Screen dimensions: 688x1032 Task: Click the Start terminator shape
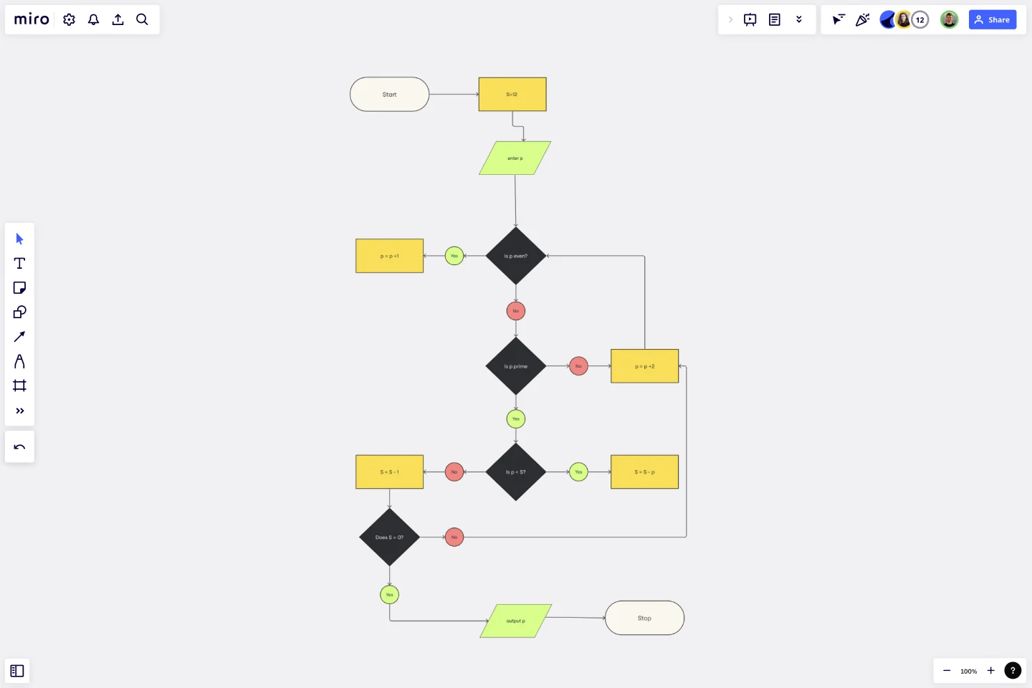389,94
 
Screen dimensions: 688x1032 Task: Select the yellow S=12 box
512,94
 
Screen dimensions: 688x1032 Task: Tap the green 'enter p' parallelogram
515,158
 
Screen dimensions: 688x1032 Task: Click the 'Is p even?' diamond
515,256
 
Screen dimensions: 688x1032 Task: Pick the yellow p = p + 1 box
389,256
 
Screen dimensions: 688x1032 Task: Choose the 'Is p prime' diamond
515,366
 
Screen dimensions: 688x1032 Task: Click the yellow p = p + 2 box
644,366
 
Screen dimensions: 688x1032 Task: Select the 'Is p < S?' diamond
515,472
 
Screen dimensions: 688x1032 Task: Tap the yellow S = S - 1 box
389,472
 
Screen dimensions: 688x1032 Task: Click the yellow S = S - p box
644,472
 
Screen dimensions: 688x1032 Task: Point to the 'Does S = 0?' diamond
389,537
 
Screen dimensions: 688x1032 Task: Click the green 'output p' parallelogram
515,621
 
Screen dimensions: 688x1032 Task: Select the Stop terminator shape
644,618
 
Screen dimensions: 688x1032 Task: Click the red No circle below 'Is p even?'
515,311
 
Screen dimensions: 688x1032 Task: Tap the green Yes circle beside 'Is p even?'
454,256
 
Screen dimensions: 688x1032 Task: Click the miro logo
32,19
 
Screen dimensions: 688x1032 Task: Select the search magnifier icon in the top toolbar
142,19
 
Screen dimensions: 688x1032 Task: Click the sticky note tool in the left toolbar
19,288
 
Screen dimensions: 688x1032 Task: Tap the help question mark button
1013,671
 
